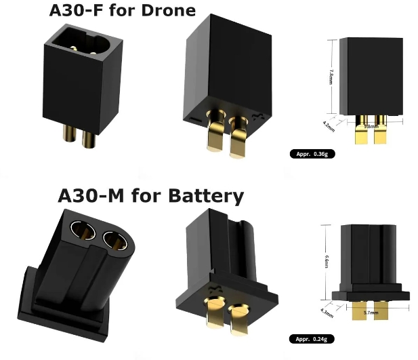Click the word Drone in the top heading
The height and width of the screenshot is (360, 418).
click(x=167, y=11)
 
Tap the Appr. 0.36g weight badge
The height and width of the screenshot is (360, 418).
click(x=313, y=155)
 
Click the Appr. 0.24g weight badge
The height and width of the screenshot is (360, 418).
click(x=313, y=338)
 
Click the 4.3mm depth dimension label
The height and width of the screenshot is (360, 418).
click(x=327, y=313)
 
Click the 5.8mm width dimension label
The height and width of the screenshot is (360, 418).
click(x=371, y=126)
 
